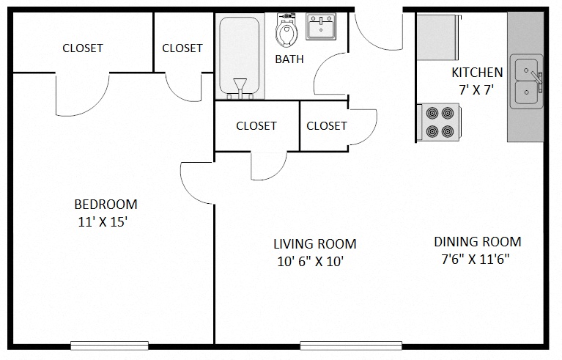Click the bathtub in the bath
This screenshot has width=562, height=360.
[240, 55]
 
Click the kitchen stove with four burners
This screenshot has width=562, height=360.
[439, 122]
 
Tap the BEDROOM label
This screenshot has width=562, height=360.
[106, 205]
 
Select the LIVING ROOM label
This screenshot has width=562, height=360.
[314, 244]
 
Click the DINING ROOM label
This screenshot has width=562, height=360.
[477, 242]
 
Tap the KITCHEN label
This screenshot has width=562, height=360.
[477, 73]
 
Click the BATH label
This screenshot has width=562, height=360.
[289, 59]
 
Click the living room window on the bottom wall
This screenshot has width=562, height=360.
[351, 345]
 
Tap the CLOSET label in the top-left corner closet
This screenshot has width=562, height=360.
[83, 48]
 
